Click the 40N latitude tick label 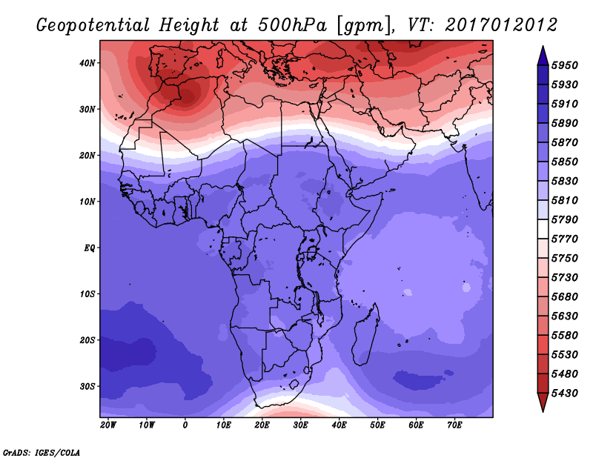click(x=87, y=63)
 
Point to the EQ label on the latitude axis click(x=90, y=248)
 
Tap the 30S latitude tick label click(x=87, y=387)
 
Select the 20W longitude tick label click(x=108, y=425)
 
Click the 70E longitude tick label click(x=454, y=425)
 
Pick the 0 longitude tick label click(x=185, y=425)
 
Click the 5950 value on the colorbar click(x=565, y=65)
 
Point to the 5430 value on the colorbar click(x=565, y=394)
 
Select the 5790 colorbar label click(x=565, y=219)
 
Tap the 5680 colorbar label click(x=565, y=297)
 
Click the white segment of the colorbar click(x=543, y=229)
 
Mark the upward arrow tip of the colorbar click(x=543, y=46)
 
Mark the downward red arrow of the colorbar click(x=543, y=402)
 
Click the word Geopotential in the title click(x=93, y=25)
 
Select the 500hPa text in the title click(x=292, y=25)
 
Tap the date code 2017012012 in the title click(x=501, y=25)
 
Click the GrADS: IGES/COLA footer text click(x=42, y=452)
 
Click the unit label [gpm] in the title click(x=365, y=26)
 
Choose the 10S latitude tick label click(x=87, y=294)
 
